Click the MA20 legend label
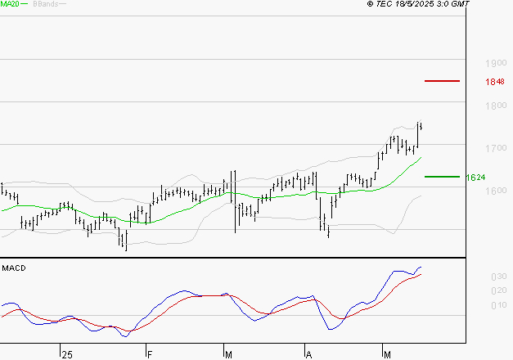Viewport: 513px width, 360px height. point(11,4)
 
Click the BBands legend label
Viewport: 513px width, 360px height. point(44,4)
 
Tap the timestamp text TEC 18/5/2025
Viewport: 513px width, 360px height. point(417,4)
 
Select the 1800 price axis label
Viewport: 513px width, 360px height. point(495,106)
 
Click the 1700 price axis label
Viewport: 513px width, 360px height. point(495,148)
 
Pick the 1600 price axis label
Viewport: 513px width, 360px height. point(495,191)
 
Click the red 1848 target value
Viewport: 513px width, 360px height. point(494,82)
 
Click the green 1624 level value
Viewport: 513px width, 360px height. point(475,177)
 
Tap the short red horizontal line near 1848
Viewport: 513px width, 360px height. point(442,81)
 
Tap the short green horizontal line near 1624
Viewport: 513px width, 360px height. point(442,176)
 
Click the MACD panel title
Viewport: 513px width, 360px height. point(14,268)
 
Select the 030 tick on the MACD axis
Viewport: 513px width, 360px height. point(498,277)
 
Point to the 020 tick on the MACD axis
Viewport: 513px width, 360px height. point(498,291)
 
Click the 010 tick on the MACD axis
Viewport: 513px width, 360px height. point(498,305)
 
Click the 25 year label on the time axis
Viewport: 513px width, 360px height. point(66,353)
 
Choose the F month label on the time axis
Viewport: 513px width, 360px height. point(149,353)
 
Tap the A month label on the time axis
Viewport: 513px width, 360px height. point(308,353)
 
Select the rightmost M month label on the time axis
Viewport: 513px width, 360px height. point(387,353)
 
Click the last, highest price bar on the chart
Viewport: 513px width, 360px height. point(420,125)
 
